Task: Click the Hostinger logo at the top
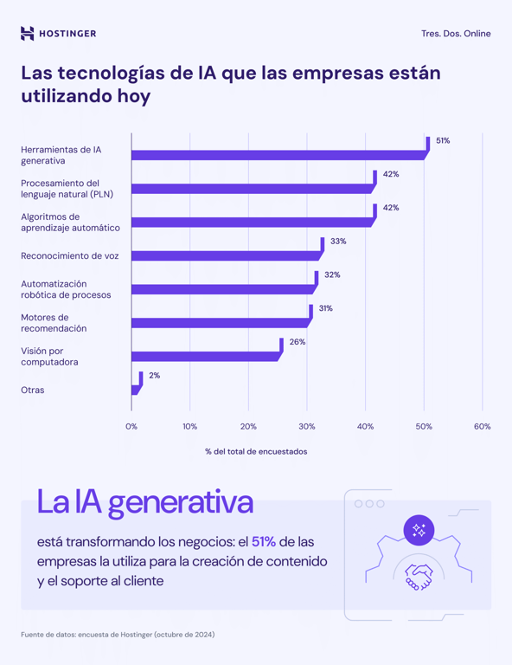(x=58, y=34)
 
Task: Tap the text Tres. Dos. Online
(x=455, y=34)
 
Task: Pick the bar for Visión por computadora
(x=206, y=356)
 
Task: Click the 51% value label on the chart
(x=443, y=140)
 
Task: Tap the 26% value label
(x=298, y=342)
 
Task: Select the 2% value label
(x=154, y=376)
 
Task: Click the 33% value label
(x=338, y=242)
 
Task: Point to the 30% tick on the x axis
(x=307, y=427)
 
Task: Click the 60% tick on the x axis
(x=482, y=427)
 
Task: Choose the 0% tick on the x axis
(x=131, y=427)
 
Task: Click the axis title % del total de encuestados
(x=256, y=451)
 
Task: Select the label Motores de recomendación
(x=54, y=323)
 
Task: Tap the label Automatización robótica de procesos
(x=66, y=289)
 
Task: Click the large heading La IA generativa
(x=144, y=502)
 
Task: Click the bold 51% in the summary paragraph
(x=264, y=542)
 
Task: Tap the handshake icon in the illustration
(x=419, y=577)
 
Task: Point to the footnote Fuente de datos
(x=118, y=635)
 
